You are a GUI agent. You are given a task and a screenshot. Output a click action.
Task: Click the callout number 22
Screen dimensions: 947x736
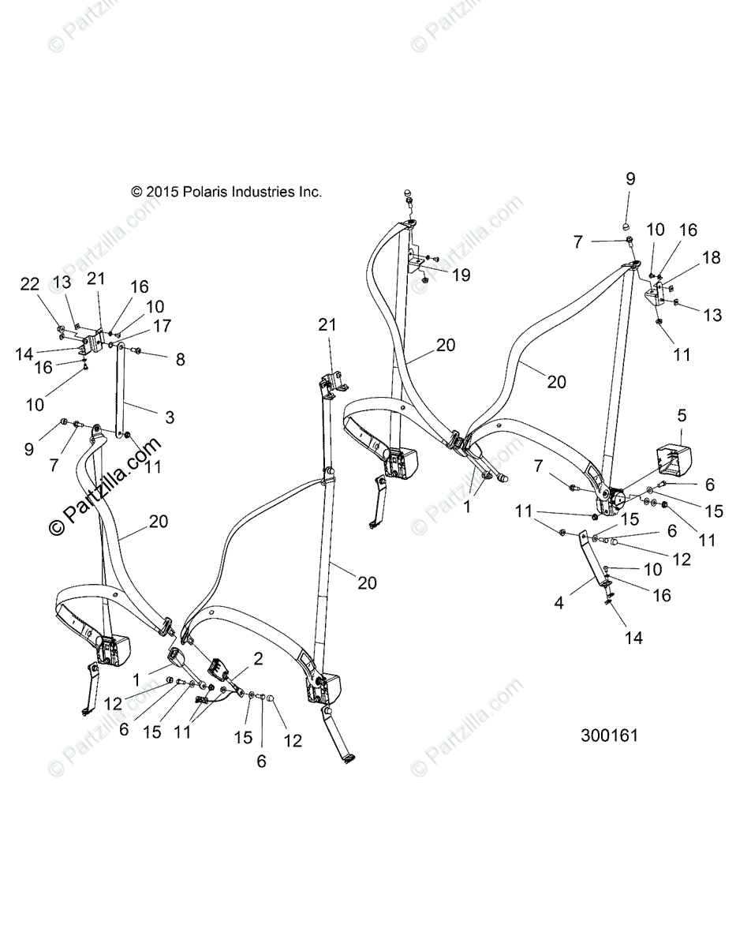pos(29,285)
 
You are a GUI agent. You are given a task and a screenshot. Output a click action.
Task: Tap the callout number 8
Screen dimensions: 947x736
pos(181,360)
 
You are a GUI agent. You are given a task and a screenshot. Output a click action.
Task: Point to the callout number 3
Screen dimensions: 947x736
pos(170,416)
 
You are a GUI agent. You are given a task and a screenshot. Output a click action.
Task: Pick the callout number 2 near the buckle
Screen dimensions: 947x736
pos(258,658)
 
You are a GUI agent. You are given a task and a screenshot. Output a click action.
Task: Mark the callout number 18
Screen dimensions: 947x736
pos(711,258)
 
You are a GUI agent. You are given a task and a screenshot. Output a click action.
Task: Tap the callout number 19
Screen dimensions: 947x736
pos(461,274)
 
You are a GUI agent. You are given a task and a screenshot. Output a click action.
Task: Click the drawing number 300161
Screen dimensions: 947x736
pos(609,736)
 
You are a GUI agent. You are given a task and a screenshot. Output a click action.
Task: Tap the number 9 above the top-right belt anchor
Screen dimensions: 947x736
pos(630,179)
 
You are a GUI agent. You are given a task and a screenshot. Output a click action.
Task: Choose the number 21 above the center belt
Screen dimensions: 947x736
pos(327,324)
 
